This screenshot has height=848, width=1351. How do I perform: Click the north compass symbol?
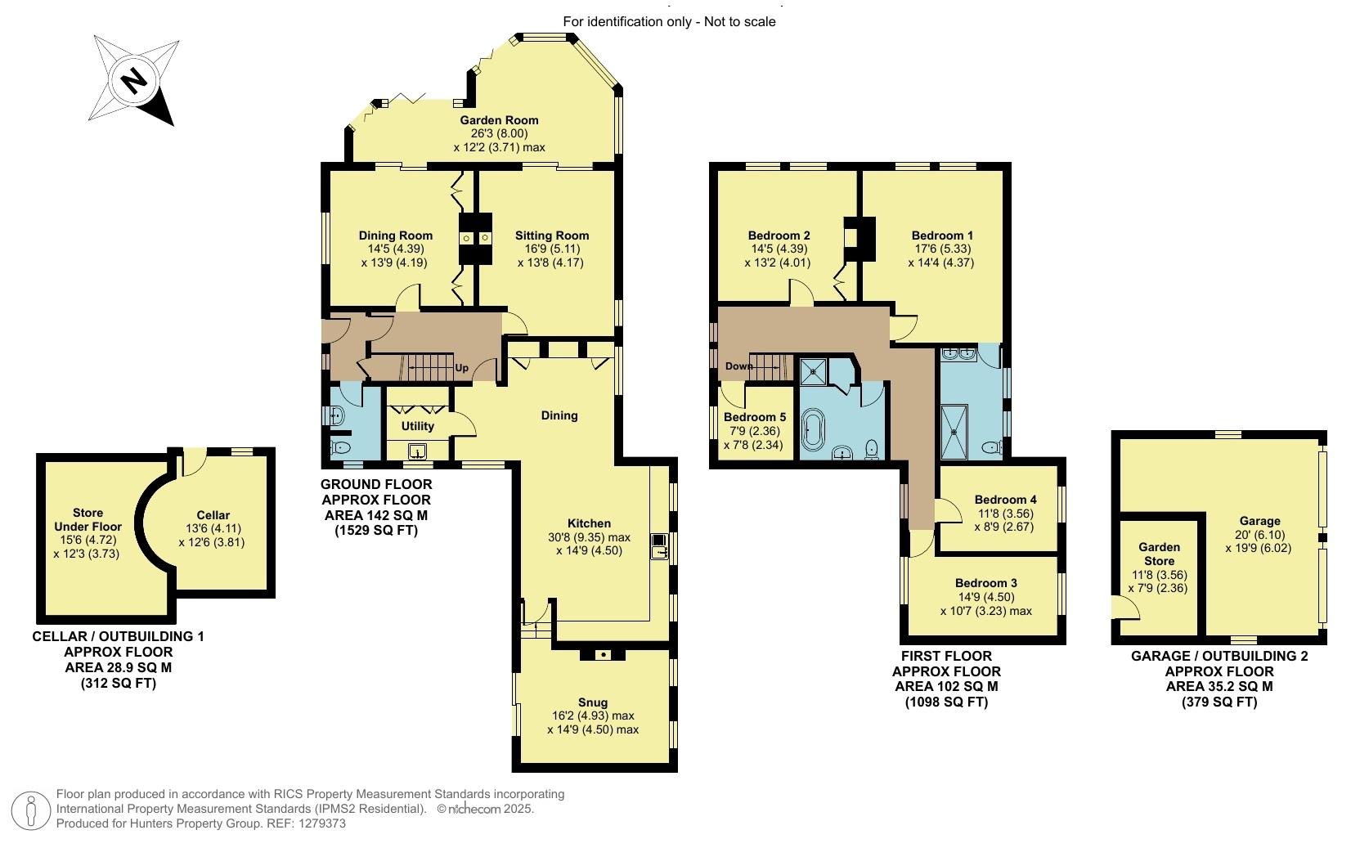tap(135, 80)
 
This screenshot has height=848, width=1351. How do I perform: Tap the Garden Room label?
tap(499, 120)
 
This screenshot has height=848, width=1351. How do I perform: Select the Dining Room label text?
tap(395, 236)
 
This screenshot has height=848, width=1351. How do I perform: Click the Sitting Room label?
tap(552, 236)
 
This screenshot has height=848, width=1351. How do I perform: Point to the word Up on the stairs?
tap(461, 368)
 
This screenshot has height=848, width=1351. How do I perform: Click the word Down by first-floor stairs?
tap(738, 366)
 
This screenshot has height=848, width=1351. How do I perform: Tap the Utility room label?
tap(418, 426)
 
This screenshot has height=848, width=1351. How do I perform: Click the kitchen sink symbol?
tap(658, 546)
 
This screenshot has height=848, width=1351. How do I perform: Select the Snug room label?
tap(593, 702)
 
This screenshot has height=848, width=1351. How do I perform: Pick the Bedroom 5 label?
tap(755, 417)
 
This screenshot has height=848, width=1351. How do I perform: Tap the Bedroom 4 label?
tap(1006, 500)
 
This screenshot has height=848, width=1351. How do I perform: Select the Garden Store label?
tap(1160, 554)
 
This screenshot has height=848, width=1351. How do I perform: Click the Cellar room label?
tap(213, 515)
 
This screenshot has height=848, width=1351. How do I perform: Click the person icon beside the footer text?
tap(31, 810)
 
